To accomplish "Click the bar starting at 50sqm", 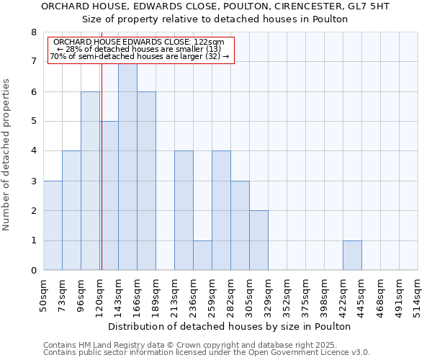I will click(53, 225).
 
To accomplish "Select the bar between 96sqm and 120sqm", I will click(90, 181).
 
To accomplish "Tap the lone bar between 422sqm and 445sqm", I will click(352, 256).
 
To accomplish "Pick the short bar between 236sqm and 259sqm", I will click(202, 256).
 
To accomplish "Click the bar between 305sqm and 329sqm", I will click(258, 240).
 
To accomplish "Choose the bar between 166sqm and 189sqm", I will click(146, 181).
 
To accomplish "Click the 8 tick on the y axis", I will click(33, 32).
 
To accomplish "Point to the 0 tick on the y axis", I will click(33, 271).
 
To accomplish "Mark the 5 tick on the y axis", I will click(33, 122).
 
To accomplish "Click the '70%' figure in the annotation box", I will click(58, 56).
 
